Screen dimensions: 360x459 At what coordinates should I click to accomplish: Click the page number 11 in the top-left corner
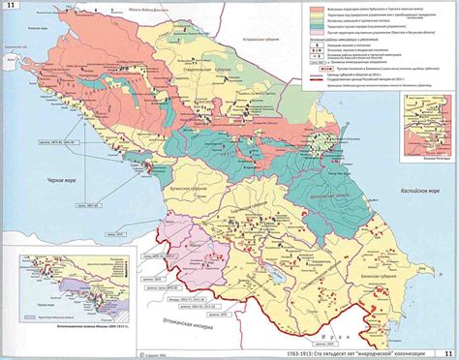(x=12, y=9)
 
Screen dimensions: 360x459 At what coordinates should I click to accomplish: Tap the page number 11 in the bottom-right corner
(x=446, y=352)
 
